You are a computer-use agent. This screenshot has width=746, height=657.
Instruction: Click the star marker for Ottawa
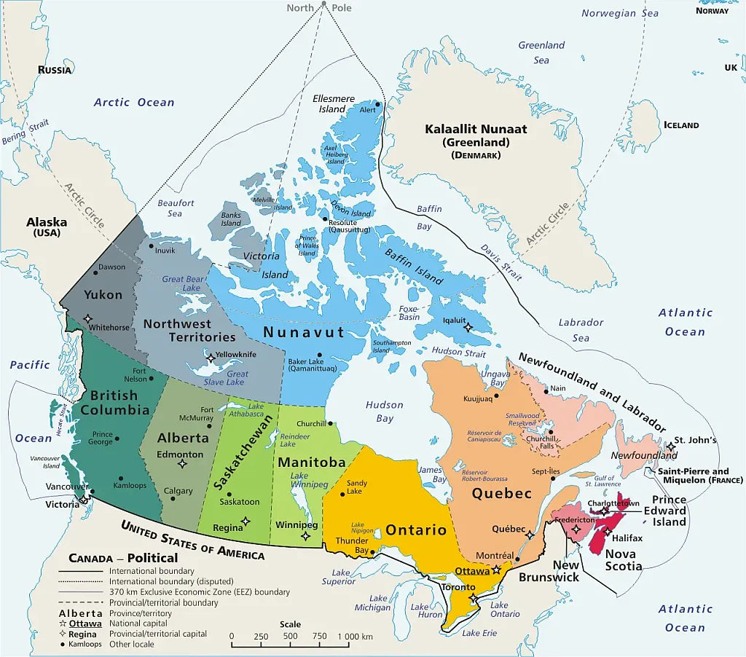[x=497, y=570]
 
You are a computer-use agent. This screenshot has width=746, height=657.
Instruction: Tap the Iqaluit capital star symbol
[x=468, y=327]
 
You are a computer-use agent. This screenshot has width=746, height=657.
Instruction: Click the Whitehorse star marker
[x=88, y=318]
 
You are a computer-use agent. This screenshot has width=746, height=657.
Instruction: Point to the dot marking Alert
[x=377, y=104]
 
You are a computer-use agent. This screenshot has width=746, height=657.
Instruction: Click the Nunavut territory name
[x=304, y=332]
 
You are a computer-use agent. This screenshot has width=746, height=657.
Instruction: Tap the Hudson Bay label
[x=384, y=412]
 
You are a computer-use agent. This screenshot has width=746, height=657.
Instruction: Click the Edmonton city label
[x=180, y=455]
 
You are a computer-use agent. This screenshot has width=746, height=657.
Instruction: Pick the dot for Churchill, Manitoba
[x=330, y=423]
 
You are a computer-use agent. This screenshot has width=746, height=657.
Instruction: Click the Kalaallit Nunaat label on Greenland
[x=476, y=129]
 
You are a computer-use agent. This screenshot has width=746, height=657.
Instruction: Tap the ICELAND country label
[x=681, y=125]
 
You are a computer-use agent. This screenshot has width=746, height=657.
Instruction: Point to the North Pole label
[x=318, y=8]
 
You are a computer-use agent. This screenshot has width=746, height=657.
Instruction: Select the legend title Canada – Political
[x=123, y=558]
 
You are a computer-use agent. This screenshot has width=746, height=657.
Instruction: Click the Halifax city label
[x=627, y=538]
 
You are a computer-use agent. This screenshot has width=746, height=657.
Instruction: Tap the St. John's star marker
[x=670, y=446]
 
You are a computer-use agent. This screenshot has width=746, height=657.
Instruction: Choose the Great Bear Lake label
[x=183, y=283]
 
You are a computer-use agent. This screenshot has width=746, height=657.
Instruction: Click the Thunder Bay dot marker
[x=372, y=552]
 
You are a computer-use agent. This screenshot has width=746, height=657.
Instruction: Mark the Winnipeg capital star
[x=305, y=536]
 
